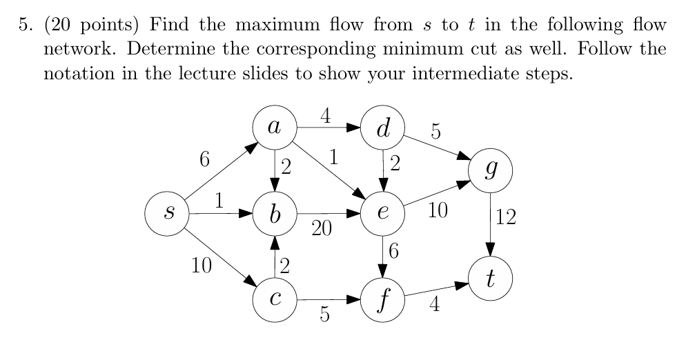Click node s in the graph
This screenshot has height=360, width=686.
[166, 214]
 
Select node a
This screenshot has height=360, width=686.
[275, 128]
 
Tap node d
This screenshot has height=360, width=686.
[382, 128]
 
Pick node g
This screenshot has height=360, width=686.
[490, 170]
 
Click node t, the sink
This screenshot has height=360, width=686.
[490, 279]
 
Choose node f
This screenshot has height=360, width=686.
[382, 300]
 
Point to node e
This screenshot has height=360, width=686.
[382, 214]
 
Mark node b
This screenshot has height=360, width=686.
[275, 214]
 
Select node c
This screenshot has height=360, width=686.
[275, 300]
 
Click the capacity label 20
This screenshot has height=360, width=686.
[321, 229]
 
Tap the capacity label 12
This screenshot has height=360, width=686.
[505, 219]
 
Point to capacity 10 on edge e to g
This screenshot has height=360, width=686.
[438, 211]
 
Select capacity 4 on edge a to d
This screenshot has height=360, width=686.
[325, 114]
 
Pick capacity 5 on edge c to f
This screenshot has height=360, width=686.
[324, 315]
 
